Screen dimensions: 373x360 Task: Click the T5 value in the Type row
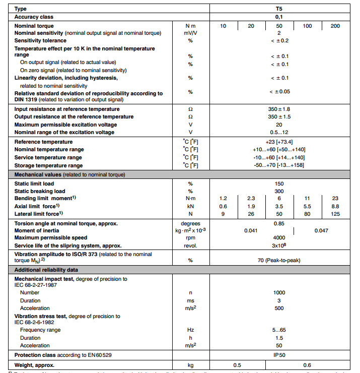click(x=278, y=9)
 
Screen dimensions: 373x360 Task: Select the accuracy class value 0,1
click(x=278, y=17)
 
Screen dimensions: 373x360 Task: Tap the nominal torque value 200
click(x=335, y=26)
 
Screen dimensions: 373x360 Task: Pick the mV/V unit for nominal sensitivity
click(x=191, y=33)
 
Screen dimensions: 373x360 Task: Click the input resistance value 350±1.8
click(x=278, y=109)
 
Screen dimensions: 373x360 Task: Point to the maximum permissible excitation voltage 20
click(x=278, y=125)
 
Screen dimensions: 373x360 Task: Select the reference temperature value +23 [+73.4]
click(x=278, y=142)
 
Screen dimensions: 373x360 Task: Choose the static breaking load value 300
click(x=278, y=191)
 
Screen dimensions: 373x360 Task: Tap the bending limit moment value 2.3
click(x=251, y=199)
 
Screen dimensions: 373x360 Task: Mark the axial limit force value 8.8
click(x=335, y=206)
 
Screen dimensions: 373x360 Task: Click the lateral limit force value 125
click(x=335, y=214)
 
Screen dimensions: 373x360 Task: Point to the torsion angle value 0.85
click(x=278, y=223)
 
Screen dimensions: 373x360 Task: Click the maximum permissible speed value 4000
click(x=278, y=237)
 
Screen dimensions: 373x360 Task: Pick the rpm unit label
click(x=191, y=237)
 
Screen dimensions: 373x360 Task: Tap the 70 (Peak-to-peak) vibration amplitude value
click(x=278, y=261)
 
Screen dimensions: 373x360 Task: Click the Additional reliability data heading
click(x=46, y=270)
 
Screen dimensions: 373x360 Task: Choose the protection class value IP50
click(x=278, y=355)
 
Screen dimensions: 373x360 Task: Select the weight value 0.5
click(x=237, y=364)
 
